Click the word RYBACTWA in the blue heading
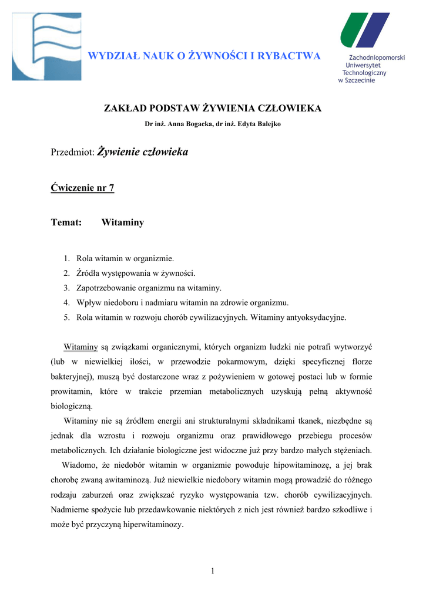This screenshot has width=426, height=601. click(x=291, y=56)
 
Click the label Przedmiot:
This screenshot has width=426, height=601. click(x=73, y=153)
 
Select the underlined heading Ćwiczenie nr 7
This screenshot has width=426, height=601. click(x=82, y=188)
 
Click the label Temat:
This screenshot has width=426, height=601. click(x=66, y=223)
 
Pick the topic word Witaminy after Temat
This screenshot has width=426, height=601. click(x=122, y=223)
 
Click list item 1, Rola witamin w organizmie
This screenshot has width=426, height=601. click(x=125, y=258)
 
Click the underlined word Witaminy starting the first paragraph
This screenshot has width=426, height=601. click(x=80, y=347)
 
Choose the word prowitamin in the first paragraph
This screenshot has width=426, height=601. click(x=73, y=391)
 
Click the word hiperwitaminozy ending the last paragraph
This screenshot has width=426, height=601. click(x=153, y=525)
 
